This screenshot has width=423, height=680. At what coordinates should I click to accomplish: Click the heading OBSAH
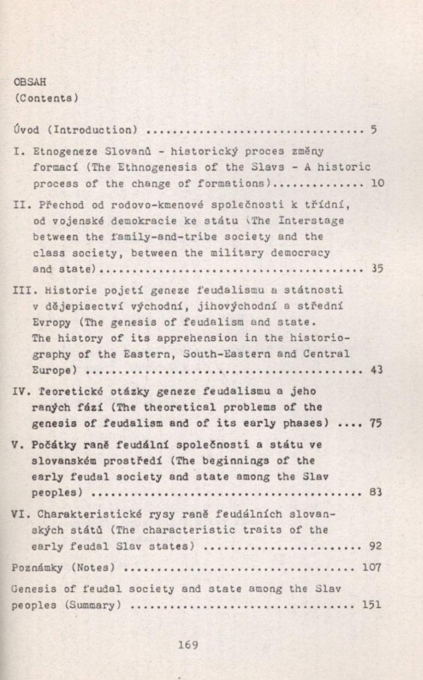tap(30, 82)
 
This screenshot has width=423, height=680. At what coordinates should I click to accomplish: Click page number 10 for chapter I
tap(377, 183)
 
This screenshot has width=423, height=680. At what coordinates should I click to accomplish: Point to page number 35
tap(377, 269)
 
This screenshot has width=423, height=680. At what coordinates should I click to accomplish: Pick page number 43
tap(377, 370)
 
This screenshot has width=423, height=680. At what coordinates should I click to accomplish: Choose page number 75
tap(376, 423)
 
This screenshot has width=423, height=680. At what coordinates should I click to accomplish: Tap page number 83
tap(376, 492)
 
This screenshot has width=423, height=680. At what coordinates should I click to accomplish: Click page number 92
tap(375, 546)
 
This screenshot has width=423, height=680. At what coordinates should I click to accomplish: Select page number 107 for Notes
tap(372, 567)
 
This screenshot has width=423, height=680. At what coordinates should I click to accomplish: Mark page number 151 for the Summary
tap(371, 605)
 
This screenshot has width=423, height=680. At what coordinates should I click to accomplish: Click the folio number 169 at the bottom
tap(188, 645)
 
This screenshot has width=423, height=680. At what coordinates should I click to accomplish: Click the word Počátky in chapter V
tap(54, 445)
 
